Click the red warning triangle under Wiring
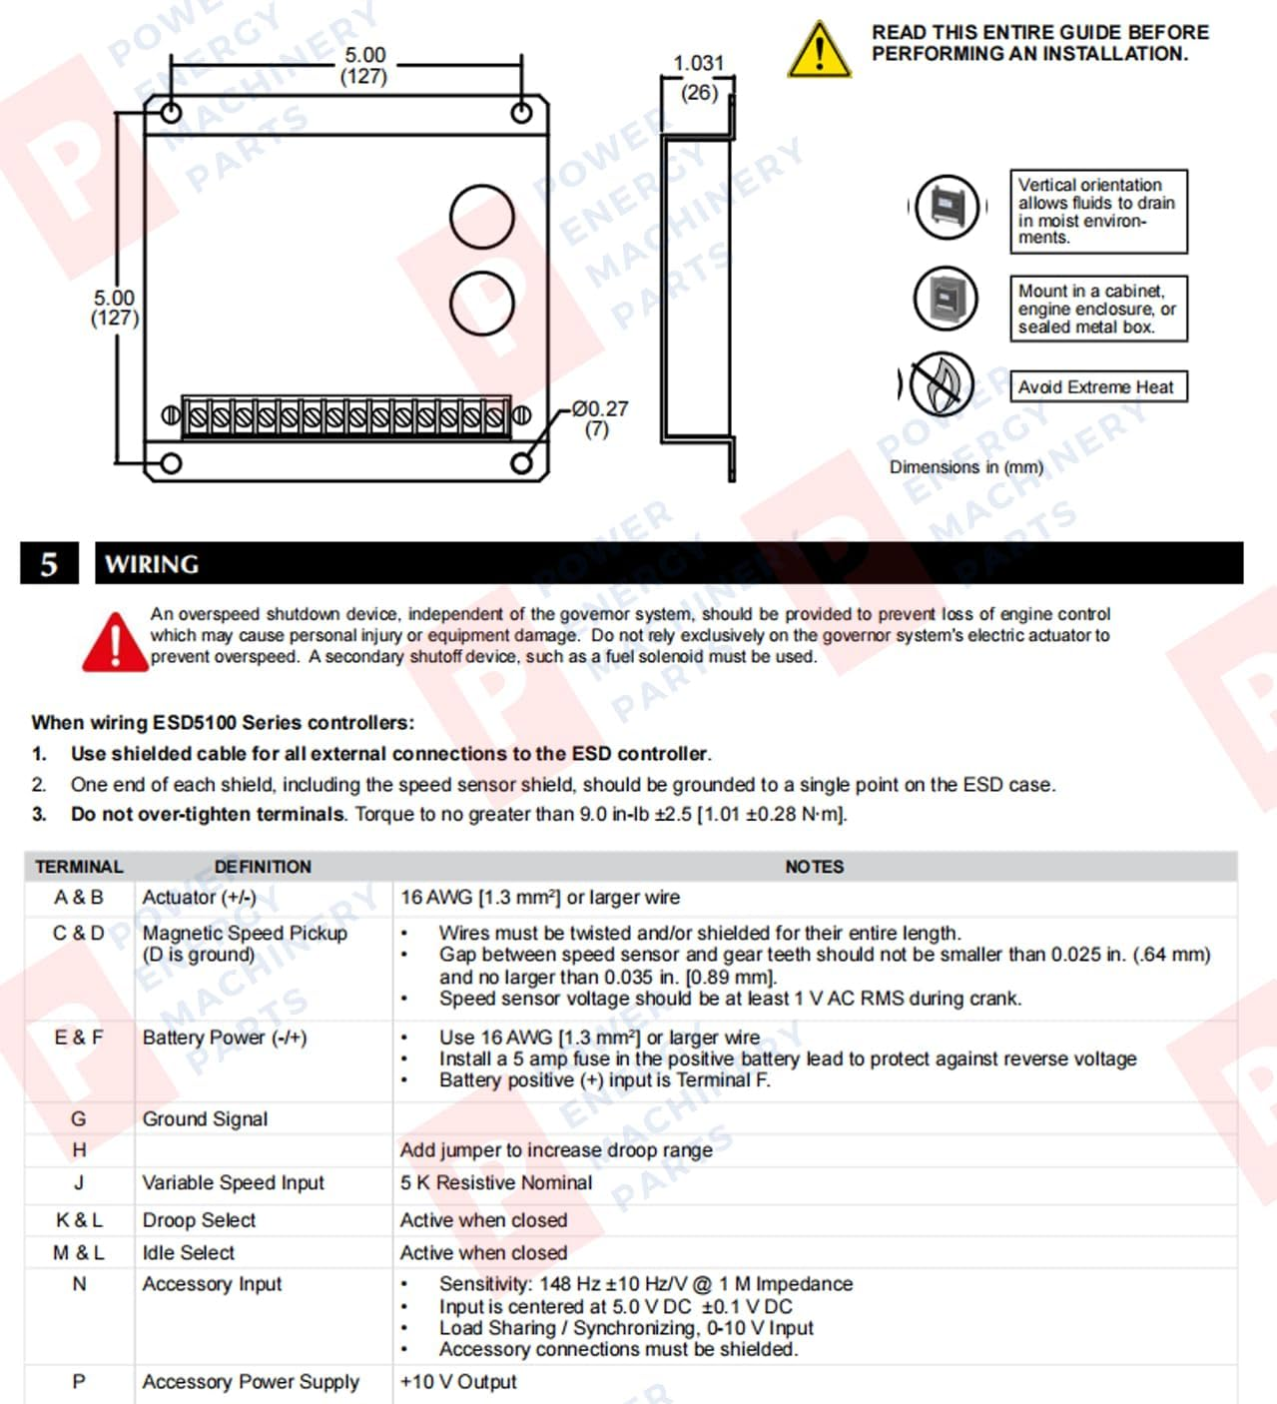(115, 641)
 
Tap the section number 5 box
(49, 564)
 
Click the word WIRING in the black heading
(152, 564)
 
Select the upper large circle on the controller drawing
(482, 217)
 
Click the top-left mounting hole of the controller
(171, 112)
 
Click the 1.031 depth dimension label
(699, 64)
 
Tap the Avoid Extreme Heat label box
(1097, 387)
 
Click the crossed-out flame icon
(940, 384)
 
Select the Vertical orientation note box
(1097, 211)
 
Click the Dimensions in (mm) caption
(965, 467)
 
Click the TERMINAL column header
(79, 867)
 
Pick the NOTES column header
(814, 867)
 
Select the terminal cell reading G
(79, 1119)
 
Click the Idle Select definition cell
(189, 1252)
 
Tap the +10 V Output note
(458, 1382)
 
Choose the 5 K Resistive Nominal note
(496, 1183)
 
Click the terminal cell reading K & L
(79, 1220)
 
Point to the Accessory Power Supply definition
(251, 1382)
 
